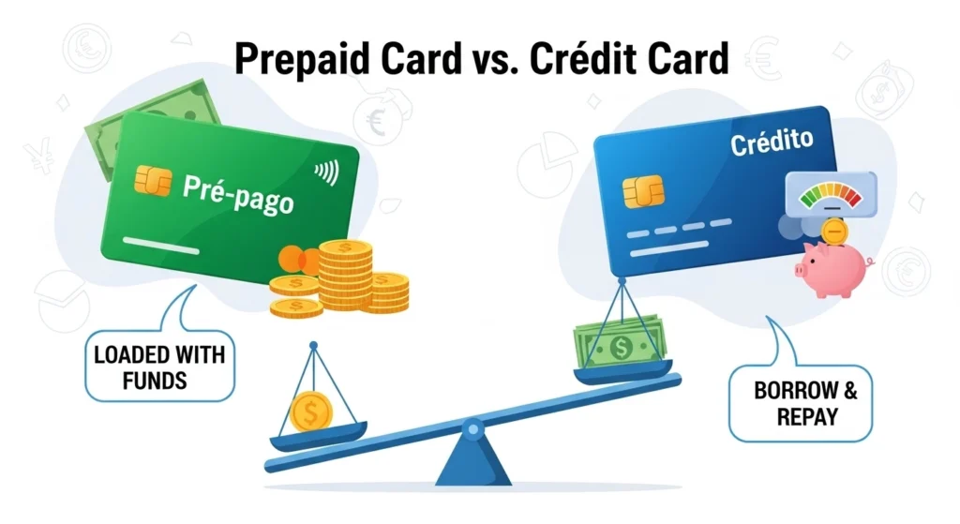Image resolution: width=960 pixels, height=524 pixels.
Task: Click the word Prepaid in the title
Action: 302,60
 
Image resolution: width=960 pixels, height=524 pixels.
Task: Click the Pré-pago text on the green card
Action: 238,194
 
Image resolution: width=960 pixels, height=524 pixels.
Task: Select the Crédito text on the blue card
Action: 772,143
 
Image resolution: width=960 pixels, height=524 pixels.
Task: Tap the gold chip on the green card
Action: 153,181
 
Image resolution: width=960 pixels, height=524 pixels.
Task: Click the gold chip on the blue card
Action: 643,191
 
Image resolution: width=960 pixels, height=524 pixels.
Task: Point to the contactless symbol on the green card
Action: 327,172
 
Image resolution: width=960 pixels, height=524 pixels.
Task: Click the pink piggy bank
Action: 832,267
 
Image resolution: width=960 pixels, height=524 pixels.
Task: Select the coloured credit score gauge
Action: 831,194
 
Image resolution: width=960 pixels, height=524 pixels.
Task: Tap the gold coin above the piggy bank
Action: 833,232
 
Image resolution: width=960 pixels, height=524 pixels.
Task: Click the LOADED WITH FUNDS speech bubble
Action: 159,366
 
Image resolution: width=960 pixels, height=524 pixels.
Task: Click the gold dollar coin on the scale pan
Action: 311,412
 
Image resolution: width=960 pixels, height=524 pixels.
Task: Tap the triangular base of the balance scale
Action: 472,460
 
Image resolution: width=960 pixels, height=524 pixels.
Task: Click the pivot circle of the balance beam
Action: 472,429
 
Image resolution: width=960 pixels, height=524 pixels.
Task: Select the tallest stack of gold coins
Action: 345,275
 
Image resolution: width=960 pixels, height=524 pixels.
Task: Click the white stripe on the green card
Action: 161,246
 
